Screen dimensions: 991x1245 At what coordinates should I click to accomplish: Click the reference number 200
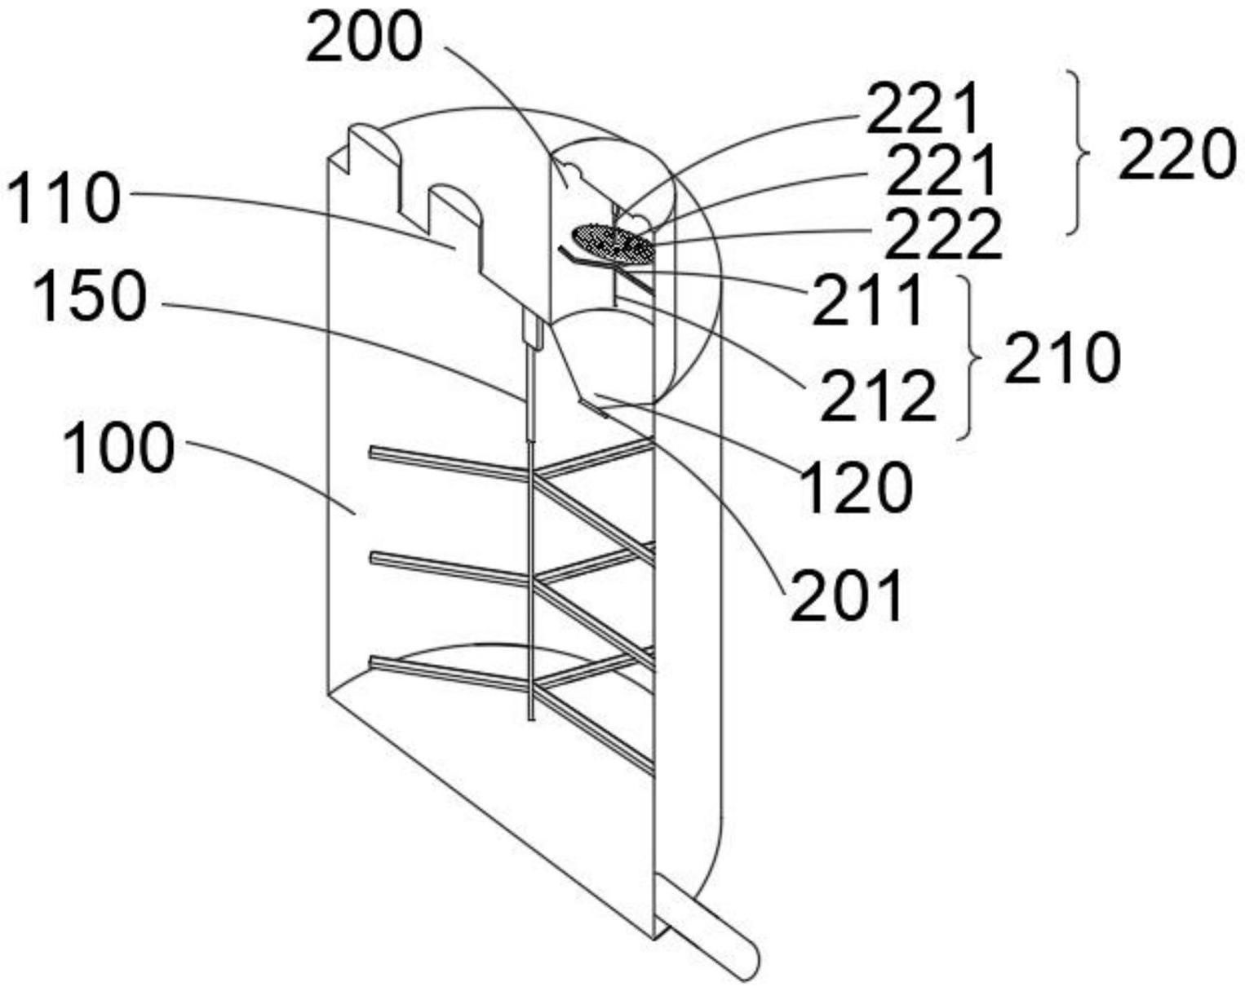pyautogui.click(x=364, y=39)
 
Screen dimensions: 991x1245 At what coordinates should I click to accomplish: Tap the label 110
pyautogui.click(x=64, y=199)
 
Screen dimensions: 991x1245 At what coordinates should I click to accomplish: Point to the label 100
pyautogui.click(x=118, y=449)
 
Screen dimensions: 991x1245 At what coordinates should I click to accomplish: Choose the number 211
pyautogui.click(x=868, y=300)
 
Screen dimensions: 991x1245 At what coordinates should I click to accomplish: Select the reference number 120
pyautogui.click(x=857, y=487)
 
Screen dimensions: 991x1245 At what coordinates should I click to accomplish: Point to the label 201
pyautogui.click(x=847, y=595)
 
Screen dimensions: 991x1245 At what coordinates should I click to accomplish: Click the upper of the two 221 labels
pyautogui.click(x=922, y=110)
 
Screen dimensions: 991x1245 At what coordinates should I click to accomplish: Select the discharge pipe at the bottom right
pyautogui.click(x=710, y=934)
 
